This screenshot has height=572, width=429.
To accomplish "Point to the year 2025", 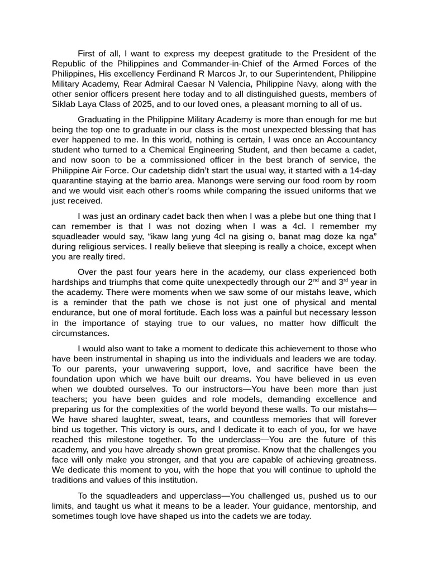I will tap(141, 104).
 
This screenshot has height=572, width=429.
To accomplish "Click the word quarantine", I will tap(76, 180).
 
